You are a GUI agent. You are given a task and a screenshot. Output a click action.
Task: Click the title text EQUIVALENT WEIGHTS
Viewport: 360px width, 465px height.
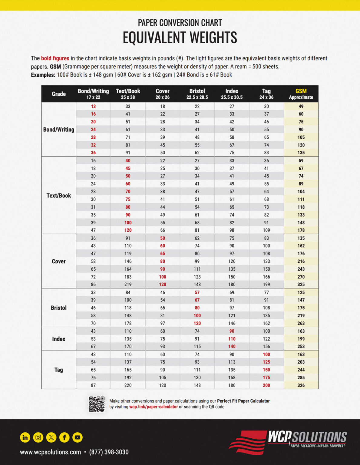(x=180, y=38)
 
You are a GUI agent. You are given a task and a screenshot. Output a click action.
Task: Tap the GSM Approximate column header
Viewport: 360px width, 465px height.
(x=301, y=94)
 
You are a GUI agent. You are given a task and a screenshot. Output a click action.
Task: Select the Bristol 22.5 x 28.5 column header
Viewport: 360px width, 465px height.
(x=197, y=94)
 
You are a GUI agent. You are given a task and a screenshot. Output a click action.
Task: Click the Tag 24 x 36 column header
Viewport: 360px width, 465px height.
(x=266, y=94)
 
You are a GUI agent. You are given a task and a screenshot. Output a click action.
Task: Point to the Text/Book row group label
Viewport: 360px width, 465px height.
(x=59, y=196)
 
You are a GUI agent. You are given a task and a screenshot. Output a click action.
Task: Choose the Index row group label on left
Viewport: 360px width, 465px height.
(x=59, y=339)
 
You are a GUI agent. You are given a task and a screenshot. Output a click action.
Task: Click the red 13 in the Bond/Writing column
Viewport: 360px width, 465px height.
(x=93, y=107)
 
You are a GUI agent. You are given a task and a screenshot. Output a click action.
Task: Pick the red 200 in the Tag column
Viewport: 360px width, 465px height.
(x=266, y=385)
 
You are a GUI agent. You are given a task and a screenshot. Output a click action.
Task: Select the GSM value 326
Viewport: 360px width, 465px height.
(x=301, y=385)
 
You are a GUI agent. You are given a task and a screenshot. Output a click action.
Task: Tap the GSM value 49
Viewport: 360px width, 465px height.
(x=301, y=107)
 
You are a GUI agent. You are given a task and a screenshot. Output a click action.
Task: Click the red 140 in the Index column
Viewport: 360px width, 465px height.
(x=232, y=347)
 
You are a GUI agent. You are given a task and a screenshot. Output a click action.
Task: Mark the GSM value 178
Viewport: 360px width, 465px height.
(x=301, y=230)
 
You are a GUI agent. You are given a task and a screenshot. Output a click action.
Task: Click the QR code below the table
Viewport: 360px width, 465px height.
(x=97, y=404)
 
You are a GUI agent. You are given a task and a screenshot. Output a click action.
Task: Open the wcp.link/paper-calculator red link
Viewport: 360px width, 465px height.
(x=154, y=407)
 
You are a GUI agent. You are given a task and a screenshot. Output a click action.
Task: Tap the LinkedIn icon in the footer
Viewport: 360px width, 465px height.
(x=25, y=437)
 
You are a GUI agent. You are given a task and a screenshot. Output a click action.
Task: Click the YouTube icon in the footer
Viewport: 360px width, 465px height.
(x=78, y=437)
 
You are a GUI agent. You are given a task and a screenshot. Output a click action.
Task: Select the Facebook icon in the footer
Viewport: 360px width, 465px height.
(x=64, y=437)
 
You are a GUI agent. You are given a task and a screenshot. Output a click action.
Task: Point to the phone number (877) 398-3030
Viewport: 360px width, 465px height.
(x=109, y=452)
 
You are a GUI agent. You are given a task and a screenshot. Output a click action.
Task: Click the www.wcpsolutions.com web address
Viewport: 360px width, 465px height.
(x=51, y=452)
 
